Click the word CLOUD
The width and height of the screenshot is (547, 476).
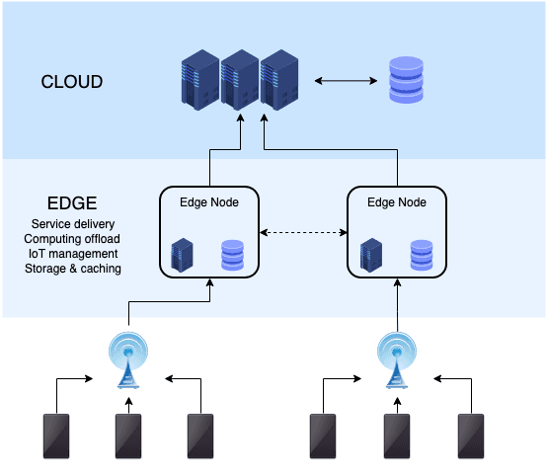point(71,81)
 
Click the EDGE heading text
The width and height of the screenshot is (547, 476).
point(72,203)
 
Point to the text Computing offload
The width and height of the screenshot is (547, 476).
point(72,239)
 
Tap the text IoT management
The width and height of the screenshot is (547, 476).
point(72,254)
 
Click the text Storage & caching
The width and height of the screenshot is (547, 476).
point(72,269)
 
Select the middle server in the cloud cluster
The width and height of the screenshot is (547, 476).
point(240,80)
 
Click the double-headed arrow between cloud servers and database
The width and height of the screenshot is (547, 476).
point(342,81)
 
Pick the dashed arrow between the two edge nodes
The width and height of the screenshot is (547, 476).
point(303,233)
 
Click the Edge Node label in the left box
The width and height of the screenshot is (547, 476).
point(209,202)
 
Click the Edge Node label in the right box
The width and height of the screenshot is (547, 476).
point(397,202)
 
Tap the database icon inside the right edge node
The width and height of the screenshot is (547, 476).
point(422,254)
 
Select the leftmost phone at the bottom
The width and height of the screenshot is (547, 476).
point(56,436)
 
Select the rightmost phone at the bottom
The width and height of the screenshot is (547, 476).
point(471,436)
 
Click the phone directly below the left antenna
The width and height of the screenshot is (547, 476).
point(128,436)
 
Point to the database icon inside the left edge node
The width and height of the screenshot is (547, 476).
point(233,254)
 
